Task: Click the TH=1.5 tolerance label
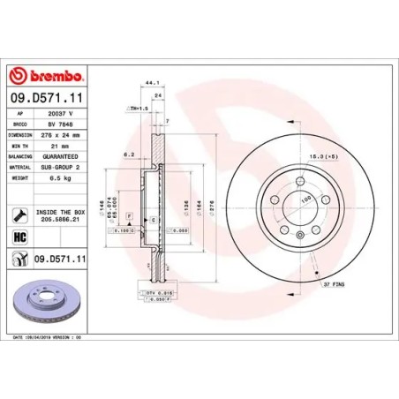137,107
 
